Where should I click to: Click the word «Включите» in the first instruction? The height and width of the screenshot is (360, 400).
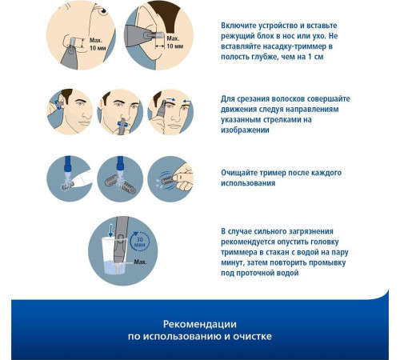pos(238,26)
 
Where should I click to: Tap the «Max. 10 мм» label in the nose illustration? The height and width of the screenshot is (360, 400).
pos(98,44)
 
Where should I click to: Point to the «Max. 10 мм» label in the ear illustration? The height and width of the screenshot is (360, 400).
pos(175,42)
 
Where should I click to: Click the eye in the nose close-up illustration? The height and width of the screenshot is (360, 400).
pos(103,10)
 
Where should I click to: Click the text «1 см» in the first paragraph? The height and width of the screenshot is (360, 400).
pos(316,57)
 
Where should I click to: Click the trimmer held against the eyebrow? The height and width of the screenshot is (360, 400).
pos(162,109)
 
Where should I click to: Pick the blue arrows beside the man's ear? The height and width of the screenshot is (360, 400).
pos(58,105)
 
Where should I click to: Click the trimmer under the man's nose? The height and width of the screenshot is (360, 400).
pos(122,126)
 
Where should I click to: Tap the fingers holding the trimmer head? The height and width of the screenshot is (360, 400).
pos(182,176)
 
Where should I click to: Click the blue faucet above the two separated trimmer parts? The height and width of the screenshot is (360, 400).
pos(120,163)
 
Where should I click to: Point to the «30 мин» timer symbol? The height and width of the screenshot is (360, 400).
pos(139,242)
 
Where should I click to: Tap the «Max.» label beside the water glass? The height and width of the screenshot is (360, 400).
pos(140,262)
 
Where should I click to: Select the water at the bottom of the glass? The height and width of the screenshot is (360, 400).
pos(114,267)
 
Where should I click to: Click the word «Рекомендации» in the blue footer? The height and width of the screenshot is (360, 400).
pos(200,324)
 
